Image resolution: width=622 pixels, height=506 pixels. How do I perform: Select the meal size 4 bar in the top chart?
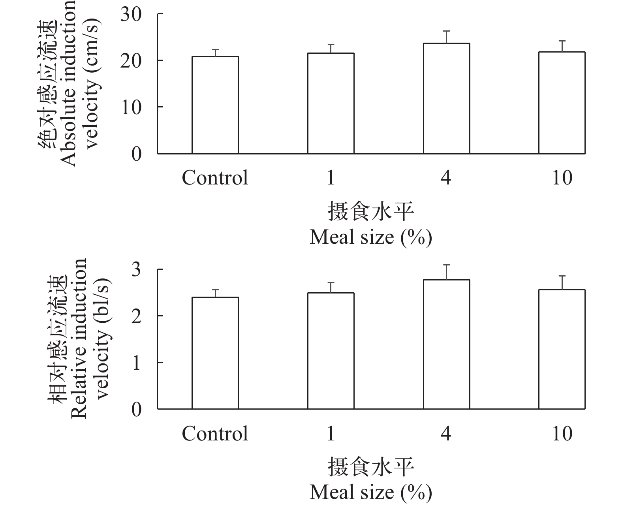point(446,98)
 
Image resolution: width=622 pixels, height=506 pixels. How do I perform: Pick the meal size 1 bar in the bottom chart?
point(331,351)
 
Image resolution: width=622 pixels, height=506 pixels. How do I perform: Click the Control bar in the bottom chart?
point(215,353)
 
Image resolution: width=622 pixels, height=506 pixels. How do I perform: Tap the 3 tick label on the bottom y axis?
point(136,270)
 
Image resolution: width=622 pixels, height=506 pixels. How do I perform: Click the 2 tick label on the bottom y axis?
point(136,316)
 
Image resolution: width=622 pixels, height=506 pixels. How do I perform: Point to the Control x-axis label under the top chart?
point(215,178)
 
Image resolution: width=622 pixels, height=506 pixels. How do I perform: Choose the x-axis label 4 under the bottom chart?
point(446,434)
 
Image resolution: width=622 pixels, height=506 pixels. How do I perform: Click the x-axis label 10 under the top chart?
point(562,178)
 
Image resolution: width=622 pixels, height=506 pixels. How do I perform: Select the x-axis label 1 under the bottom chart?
point(331,434)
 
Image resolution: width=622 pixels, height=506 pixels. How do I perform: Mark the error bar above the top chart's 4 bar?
point(446,37)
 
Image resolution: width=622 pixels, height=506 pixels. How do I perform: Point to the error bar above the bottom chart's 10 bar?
point(562,283)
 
